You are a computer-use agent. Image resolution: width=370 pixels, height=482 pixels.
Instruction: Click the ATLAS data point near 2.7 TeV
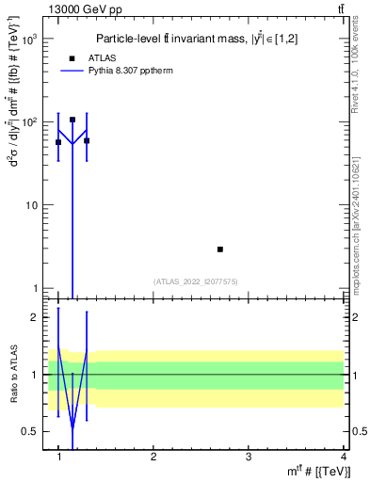(220, 249)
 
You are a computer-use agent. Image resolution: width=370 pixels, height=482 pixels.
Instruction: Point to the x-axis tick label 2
(153, 457)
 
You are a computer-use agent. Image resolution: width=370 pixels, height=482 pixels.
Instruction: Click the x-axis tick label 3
(249, 457)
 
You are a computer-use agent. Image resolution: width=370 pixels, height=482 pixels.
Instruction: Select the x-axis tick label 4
(344, 457)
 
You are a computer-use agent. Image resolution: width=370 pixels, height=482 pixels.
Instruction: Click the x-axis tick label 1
(58, 457)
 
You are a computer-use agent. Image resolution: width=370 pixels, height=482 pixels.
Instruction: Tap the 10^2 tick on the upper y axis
(30, 122)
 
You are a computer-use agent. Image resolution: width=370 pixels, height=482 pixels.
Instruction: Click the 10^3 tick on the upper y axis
(30, 40)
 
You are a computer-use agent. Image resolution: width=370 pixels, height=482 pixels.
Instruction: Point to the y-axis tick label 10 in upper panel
(32, 205)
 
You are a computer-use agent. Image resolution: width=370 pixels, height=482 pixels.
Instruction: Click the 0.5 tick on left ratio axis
(31, 431)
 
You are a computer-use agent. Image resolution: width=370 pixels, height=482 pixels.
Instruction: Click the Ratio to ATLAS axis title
(13, 375)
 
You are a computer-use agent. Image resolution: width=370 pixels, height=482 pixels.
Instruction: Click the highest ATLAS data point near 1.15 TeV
(72, 120)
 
